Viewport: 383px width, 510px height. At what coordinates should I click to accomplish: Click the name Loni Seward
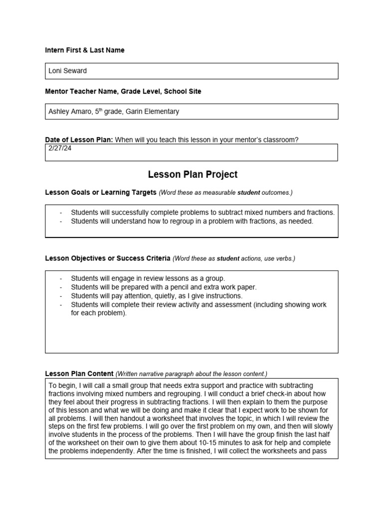tap(67, 71)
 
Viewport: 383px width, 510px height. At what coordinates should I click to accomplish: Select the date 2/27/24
tap(60, 148)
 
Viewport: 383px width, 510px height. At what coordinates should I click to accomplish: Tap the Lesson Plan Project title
tap(192, 174)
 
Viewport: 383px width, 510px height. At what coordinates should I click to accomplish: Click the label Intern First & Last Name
tap(85, 50)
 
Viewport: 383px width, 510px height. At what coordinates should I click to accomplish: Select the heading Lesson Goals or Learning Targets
tap(101, 192)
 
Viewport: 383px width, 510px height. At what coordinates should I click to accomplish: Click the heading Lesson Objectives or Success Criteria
tap(108, 258)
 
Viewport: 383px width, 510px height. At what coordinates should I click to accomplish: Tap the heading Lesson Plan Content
tap(79, 374)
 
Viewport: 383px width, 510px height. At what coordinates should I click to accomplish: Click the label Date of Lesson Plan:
tap(79, 140)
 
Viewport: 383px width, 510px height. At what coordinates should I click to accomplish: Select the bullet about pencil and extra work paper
tap(164, 287)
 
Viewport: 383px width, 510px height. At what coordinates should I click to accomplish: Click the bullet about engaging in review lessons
tap(148, 278)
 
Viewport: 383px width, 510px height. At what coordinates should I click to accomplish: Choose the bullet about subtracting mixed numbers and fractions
tap(202, 212)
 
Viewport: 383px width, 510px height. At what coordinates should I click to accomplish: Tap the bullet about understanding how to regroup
tap(192, 221)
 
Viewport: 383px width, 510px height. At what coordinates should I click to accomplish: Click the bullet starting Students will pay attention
tap(157, 296)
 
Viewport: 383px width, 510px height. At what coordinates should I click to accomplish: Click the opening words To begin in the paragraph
tap(60, 385)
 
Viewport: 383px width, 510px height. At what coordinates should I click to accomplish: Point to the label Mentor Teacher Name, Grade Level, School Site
tap(123, 92)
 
